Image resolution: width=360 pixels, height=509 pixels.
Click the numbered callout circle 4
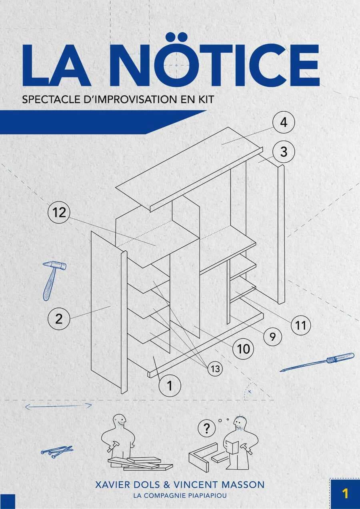click(x=284, y=122)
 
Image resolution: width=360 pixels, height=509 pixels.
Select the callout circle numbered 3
click(x=284, y=152)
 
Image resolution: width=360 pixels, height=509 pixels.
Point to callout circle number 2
click(x=59, y=319)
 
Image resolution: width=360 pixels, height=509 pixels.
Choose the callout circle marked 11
click(x=300, y=325)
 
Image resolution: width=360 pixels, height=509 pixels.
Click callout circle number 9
click(x=272, y=337)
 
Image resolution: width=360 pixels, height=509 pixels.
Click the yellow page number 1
click(x=345, y=492)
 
